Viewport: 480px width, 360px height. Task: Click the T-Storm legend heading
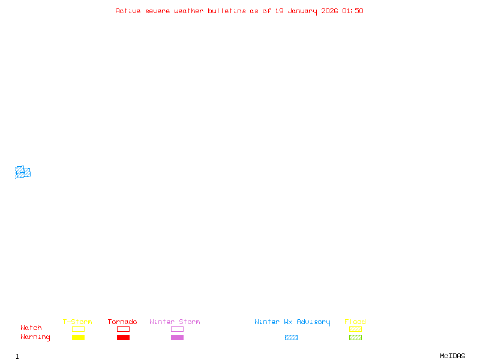tap(77, 322)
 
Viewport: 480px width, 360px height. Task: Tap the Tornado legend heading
tap(122, 322)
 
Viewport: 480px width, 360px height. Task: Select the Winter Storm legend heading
tap(175, 322)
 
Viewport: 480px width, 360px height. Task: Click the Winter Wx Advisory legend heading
tap(292, 322)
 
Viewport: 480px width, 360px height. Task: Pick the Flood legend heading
tap(355, 322)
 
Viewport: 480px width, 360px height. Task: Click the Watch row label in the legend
tap(31, 328)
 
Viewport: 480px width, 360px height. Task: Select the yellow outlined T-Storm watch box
tap(78, 329)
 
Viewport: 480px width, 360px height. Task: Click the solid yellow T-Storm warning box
tap(78, 337)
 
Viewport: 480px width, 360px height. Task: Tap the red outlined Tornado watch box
tap(123, 329)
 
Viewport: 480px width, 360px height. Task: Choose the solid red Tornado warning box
tap(123, 337)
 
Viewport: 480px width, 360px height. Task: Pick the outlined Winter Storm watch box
tap(177, 329)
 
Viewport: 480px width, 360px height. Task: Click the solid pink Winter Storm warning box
tap(177, 337)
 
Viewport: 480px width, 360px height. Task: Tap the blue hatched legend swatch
tap(291, 337)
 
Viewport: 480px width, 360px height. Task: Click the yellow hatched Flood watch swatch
tap(355, 329)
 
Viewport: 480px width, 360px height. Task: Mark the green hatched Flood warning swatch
tap(355, 337)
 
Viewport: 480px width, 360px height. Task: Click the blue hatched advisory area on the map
tap(23, 173)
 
